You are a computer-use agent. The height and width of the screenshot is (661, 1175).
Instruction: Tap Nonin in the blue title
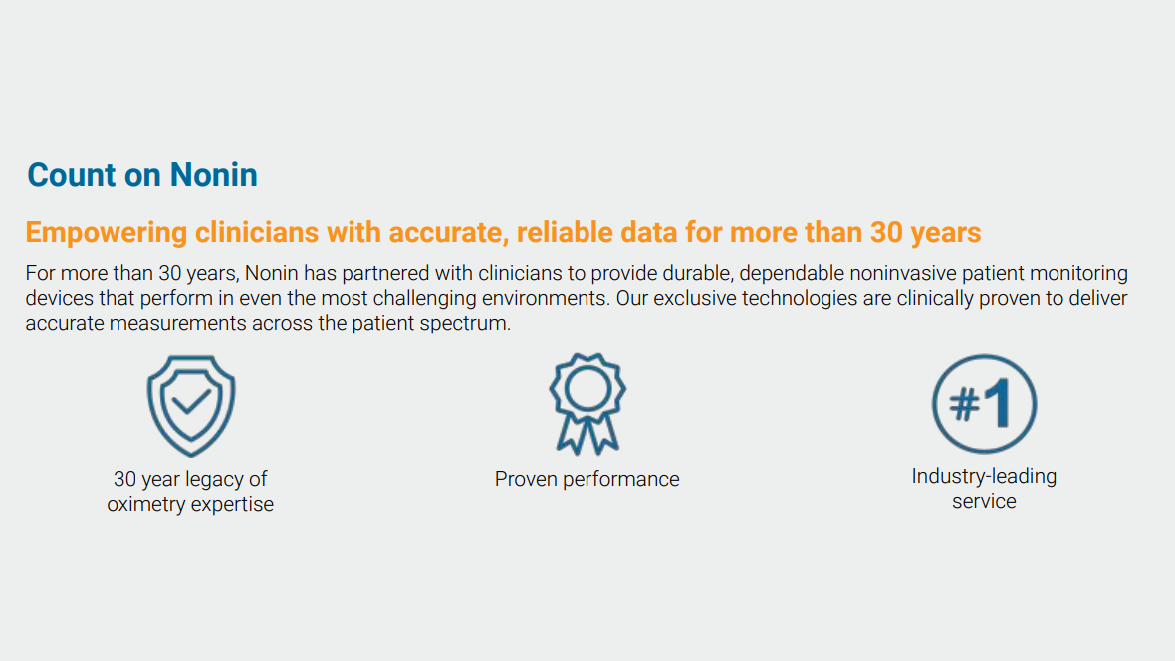pyautogui.click(x=213, y=174)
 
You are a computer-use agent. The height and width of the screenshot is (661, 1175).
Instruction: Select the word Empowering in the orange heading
pyautogui.click(x=107, y=233)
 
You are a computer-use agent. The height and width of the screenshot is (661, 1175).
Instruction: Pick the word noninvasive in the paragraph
pyautogui.click(x=902, y=273)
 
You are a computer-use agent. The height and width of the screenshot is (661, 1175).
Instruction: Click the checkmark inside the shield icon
pyautogui.click(x=191, y=402)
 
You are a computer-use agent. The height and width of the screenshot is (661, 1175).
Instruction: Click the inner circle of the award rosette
pyautogui.click(x=587, y=389)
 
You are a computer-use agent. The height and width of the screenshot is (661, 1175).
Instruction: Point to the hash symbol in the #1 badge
pyautogui.click(x=965, y=405)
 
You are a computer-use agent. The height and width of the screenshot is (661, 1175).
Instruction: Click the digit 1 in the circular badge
pyautogui.click(x=999, y=403)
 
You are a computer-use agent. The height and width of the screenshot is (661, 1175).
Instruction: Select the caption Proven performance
pyautogui.click(x=587, y=479)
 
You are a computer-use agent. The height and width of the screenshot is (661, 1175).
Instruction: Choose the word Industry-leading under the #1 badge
pyautogui.click(x=984, y=476)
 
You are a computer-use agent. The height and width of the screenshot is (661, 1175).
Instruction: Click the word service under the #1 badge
pyautogui.click(x=984, y=501)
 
